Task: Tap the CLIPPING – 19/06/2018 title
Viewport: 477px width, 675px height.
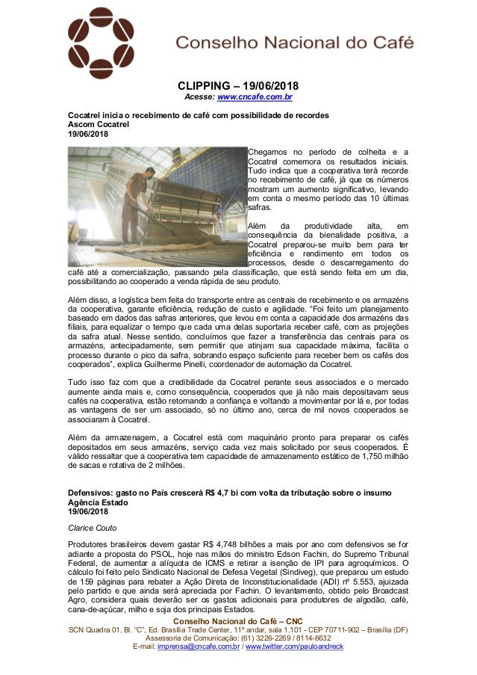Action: coord(238,86)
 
